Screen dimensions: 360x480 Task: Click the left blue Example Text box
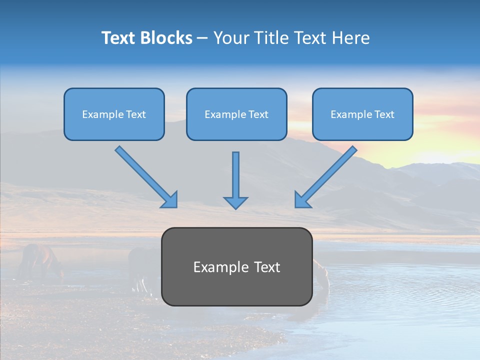[114, 114]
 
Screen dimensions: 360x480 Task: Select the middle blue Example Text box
[236, 114]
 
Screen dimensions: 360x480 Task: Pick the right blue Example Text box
[362, 114]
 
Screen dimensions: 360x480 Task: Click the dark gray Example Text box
[236, 266]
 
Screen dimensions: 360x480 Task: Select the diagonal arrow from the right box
[328, 174]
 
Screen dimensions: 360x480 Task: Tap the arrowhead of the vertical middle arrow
[235, 202]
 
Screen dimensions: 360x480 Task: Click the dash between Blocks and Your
[202, 38]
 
